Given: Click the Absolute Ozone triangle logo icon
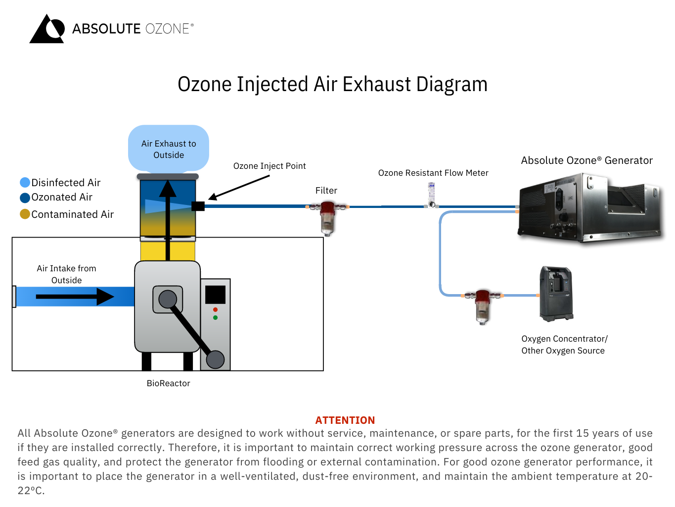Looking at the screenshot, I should tap(47, 29).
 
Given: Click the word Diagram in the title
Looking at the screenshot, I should tap(451, 84).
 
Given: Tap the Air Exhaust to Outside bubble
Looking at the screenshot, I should tap(169, 149).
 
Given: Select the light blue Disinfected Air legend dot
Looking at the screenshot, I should tap(25, 183).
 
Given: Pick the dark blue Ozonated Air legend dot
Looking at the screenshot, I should tap(25, 198).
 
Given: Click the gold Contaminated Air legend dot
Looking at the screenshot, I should tap(25, 214).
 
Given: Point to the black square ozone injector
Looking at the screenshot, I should tap(198, 206).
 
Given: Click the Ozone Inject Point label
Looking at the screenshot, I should tap(270, 166).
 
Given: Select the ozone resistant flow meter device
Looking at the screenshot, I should tap(431, 195).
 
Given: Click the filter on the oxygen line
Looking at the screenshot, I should tap(482, 306).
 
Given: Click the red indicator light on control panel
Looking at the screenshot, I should tap(215, 310).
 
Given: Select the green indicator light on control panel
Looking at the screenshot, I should tap(215, 318).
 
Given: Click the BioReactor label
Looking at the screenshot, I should tap(168, 383).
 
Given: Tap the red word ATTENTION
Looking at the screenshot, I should tap(345, 420).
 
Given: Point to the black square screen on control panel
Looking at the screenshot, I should tap(215, 295).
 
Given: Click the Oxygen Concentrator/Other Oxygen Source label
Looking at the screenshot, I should tap(564, 345).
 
